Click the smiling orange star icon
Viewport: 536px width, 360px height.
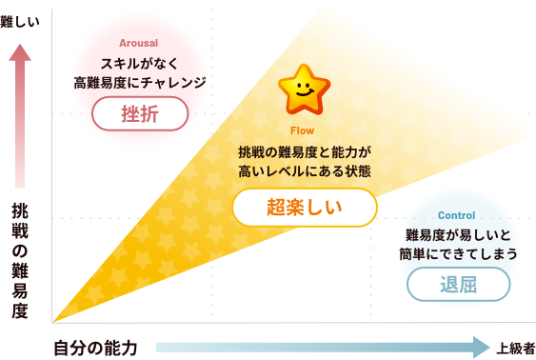click(303, 89)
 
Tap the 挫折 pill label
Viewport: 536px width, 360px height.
click(139, 114)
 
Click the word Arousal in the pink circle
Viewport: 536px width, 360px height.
click(139, 44)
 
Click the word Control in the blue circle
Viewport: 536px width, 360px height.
click(458, 216)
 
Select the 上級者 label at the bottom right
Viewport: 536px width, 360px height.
click(515, 349)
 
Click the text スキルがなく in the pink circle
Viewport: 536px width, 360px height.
click(139, 64)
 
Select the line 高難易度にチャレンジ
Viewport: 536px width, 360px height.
click(139, 83)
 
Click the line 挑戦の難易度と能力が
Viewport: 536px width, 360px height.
click(304, 151)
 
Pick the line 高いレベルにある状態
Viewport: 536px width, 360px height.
click(304, 171)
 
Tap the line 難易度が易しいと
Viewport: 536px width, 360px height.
click(459, 235)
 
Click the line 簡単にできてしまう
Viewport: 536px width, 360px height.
click(459, 254)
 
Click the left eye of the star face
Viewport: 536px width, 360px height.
click(298, 85)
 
